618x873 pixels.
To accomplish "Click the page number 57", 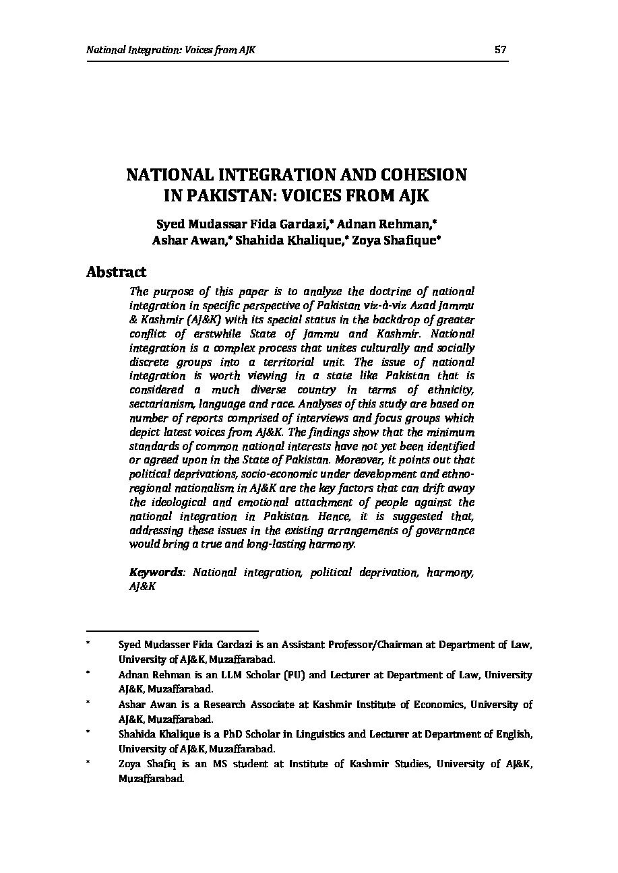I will [x=500, y=50].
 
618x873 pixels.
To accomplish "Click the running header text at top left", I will [x=171, y=50].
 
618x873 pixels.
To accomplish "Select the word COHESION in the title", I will [x=425, y=175].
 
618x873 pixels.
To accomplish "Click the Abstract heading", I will [x=116, y=272].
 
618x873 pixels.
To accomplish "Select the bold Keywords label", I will [x=156, y=572].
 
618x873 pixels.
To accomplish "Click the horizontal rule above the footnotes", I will [x=172, y=631].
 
